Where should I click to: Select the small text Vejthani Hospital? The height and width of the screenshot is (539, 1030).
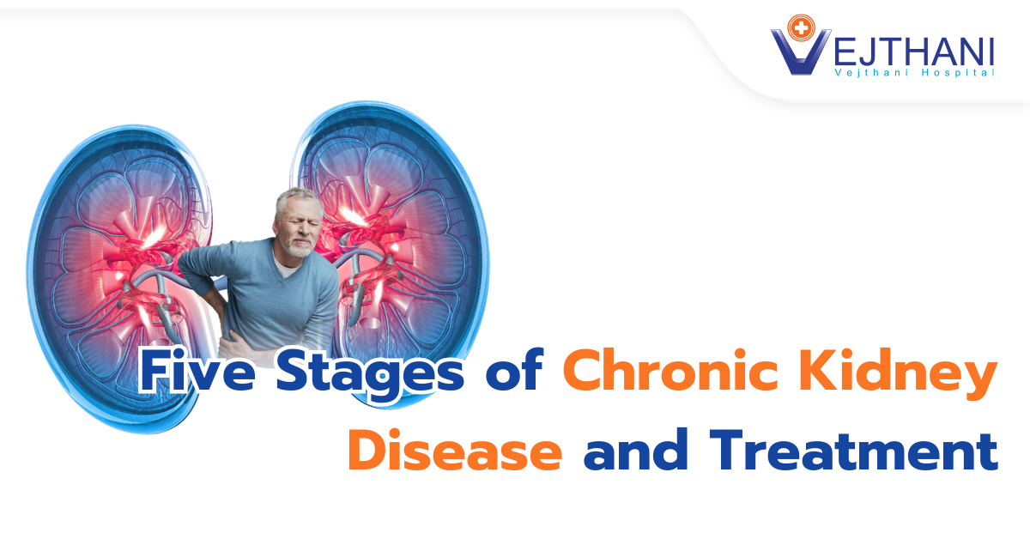click(x=914, y=74)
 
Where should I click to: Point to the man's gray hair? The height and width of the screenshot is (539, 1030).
click(x=292, y=199)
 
